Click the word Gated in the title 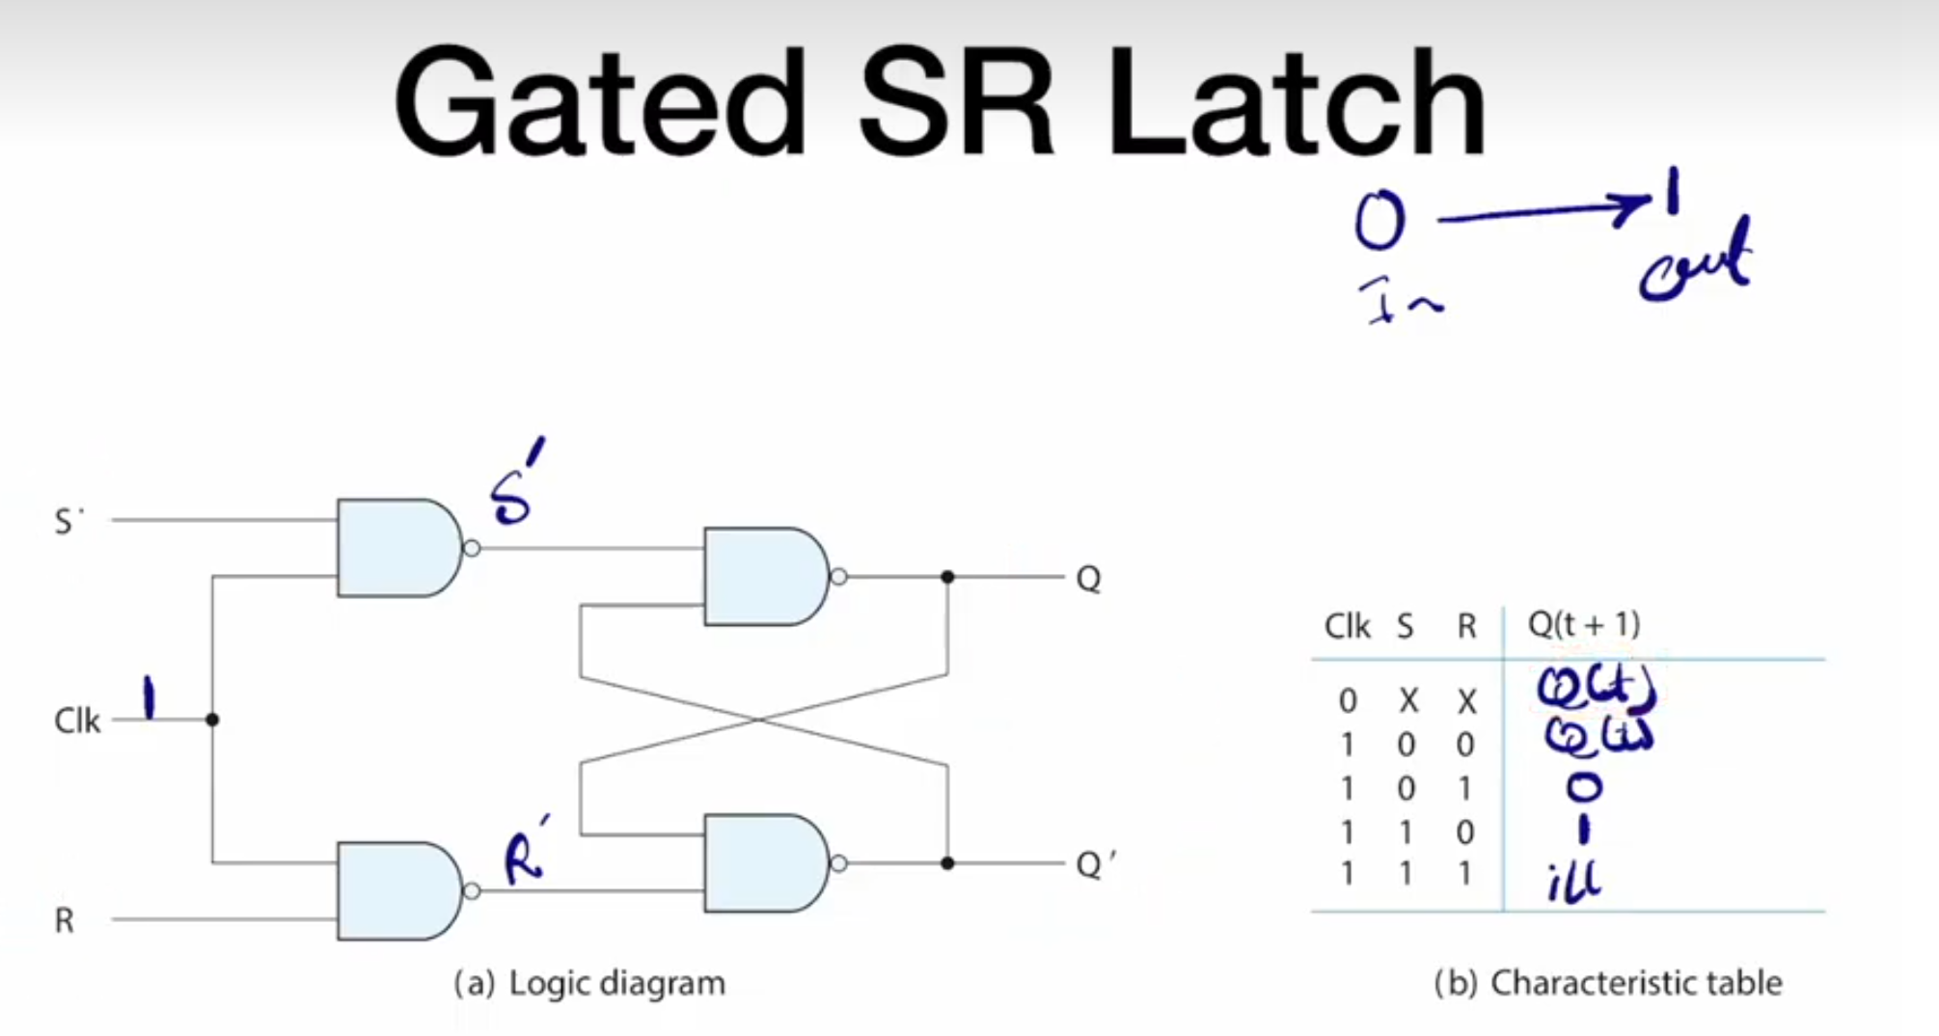[598, 104]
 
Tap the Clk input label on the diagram [76, 721]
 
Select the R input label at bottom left [64, 920]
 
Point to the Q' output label [1094, 863]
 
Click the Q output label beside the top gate [1088, 579]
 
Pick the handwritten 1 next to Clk [149, 698]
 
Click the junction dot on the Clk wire [212, 720]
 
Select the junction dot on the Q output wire [947, 577]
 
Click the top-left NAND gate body [396, 548]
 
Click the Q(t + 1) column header [1583, 625]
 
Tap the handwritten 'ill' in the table [1573, 880]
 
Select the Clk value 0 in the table [1348, 700]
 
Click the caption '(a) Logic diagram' [589, 983]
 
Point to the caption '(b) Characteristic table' [1607, 983]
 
